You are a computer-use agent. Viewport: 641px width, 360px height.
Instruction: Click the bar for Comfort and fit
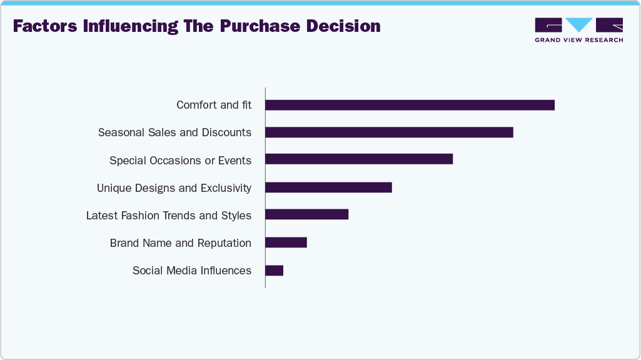point(410,105)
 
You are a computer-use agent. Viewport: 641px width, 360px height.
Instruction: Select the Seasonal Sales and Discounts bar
point(389,132)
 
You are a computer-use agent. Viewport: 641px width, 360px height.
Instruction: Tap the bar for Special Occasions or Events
point(358,159)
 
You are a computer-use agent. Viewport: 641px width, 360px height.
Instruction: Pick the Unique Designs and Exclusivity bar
point(328,187)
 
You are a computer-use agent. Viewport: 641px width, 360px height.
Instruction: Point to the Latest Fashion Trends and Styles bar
point(306,214)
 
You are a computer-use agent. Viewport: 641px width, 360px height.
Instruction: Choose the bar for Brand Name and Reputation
point(286,242)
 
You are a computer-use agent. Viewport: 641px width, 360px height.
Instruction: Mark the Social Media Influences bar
point(274,270)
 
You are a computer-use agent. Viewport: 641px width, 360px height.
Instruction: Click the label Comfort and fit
point(214,105)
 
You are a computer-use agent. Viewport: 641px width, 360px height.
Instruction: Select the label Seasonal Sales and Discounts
point(174,132)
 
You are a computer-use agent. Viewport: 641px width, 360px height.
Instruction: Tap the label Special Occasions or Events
point(180,161)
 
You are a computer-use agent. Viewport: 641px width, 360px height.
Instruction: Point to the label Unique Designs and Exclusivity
point(174,188)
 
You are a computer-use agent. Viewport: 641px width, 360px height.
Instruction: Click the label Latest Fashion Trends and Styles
point(169,216)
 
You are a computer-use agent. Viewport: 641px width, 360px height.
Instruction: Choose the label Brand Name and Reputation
point(180,243)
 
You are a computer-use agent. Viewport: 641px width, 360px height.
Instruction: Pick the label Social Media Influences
point(192,271)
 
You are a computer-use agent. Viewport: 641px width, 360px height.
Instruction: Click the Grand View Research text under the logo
point(578,40)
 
